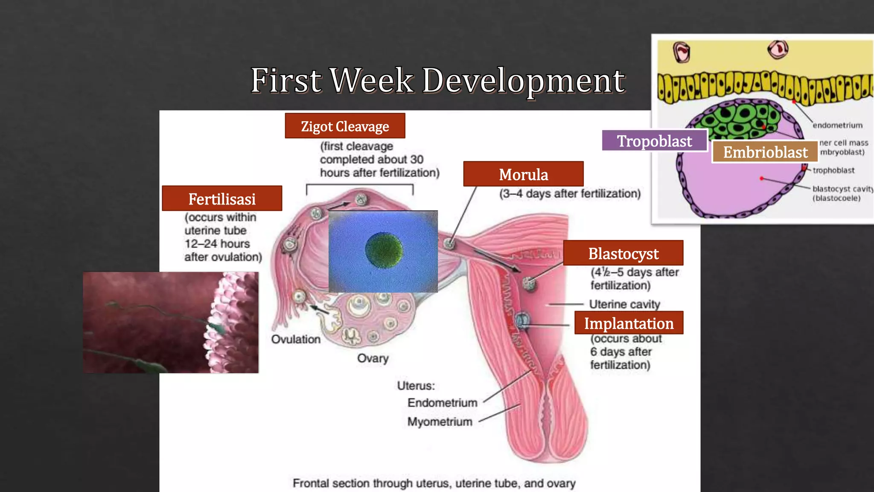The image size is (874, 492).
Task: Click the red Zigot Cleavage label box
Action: (345, 126)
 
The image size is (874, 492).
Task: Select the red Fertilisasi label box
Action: (222, 199)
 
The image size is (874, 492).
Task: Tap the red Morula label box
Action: (523, 174)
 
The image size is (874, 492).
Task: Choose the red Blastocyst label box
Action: (623, 253)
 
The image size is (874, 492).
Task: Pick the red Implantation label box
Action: (629, 323)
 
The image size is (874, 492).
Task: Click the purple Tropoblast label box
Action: (654, 141)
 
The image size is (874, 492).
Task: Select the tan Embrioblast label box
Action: (765, 152)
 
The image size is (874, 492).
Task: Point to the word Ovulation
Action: (296, 339)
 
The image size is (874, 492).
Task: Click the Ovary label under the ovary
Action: (373, 358)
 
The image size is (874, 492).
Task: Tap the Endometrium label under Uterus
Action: (442, 403)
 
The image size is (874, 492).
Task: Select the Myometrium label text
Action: (440, 422)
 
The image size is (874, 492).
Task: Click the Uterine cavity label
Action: (624, 304)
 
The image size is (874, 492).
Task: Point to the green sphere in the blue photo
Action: (384, 250)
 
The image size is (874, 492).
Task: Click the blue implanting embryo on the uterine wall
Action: (522, 320)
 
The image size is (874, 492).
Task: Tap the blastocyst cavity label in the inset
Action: (842, 193)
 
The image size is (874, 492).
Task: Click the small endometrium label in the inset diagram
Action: (837, 125)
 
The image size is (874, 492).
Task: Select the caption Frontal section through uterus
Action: (434, 483)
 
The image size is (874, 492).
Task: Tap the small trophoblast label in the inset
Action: (833, 170)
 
